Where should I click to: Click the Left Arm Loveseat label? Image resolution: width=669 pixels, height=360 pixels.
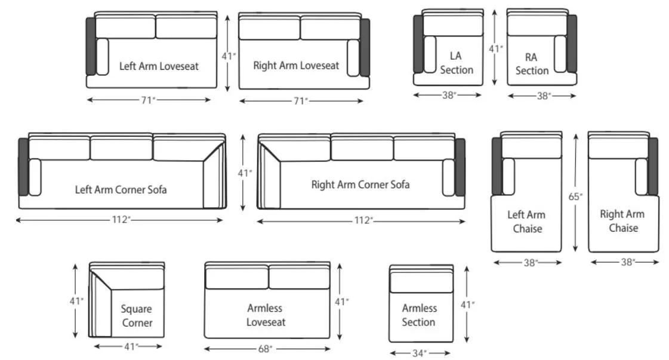[159, 66]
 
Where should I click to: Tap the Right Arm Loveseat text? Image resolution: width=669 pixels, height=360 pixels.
[296, 65]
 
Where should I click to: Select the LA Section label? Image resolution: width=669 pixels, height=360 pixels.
[457, 63]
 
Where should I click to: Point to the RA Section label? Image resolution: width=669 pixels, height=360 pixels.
[532, 64]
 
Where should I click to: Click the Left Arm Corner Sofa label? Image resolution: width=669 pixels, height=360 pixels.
[121, 190]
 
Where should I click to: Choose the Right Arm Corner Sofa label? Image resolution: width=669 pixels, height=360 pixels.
[360, 184]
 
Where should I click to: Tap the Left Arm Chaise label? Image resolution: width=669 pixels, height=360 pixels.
[526, 221]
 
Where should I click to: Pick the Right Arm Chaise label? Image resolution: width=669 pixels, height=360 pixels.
[622, 221]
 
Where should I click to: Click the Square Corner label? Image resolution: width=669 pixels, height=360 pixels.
[137, 316]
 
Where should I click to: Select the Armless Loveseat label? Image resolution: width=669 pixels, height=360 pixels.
[266, 315]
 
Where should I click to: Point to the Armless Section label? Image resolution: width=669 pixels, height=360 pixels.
[419, 315]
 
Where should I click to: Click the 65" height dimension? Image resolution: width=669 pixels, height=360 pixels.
[576, 196]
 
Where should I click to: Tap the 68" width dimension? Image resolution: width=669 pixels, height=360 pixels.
[266, 349]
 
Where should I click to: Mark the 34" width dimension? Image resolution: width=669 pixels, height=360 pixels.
[420, 353]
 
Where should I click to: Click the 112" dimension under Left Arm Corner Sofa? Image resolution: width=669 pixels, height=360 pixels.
[121, 220]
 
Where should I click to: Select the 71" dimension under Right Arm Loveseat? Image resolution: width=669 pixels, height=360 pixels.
[301, 101]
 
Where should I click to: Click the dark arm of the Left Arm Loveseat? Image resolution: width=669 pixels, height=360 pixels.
[91, 46]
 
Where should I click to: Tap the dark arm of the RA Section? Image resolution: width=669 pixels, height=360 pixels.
[572, 44]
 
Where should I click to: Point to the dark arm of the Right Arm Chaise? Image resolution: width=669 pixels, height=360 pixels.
[653, 166]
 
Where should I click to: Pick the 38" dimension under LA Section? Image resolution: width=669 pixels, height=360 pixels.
[449, 94]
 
